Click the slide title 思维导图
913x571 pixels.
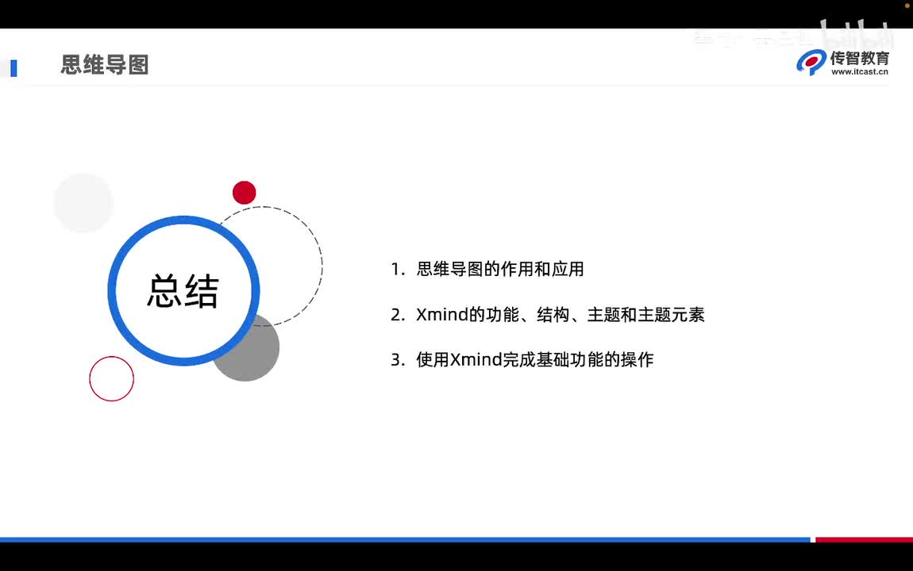click(105, 65)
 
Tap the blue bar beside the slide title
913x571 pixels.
click(13, 68)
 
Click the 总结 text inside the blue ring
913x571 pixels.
click(183, 291)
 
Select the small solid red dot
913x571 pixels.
click(244, 193)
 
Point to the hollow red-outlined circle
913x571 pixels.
click(111, 379)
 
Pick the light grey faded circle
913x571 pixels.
click(83, 203)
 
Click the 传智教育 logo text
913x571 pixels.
click(859, 58)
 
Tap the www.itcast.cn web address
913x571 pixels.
click(859, 72)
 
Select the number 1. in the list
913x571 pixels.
click(399, 270)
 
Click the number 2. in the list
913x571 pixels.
click(399, 315)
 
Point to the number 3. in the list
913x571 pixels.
click(399, 360)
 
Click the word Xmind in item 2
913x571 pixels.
click(442, 315)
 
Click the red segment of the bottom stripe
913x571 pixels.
click(864, 539)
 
